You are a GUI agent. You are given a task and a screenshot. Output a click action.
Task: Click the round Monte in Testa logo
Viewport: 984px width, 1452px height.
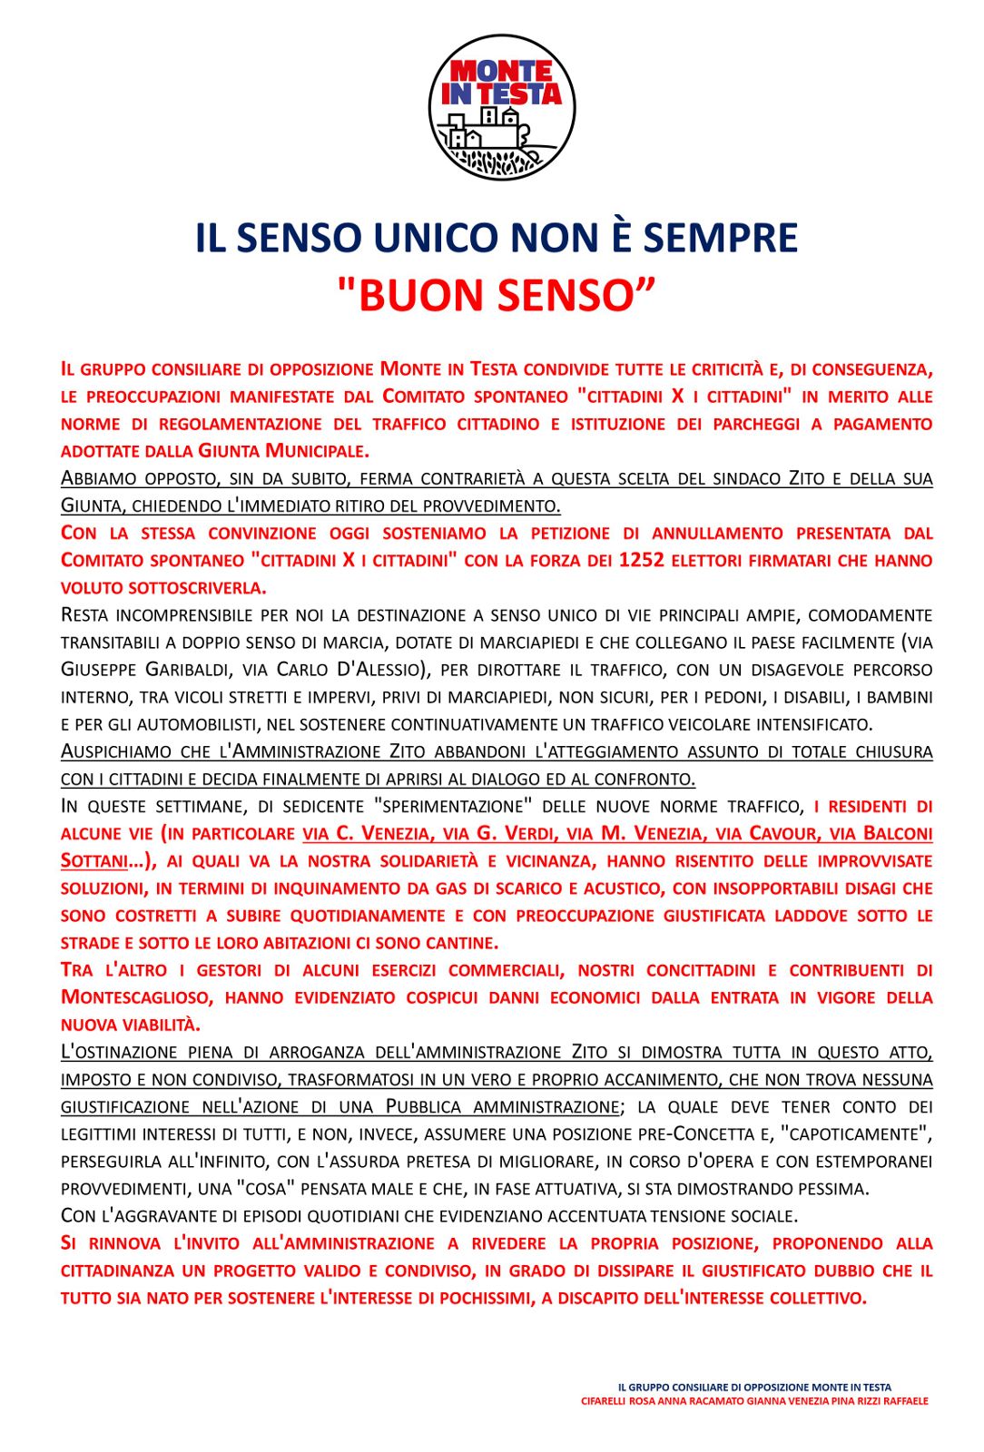click(x=502, y=107)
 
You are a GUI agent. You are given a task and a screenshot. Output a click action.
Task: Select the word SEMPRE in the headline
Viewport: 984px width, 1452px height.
click(x=721, y=238)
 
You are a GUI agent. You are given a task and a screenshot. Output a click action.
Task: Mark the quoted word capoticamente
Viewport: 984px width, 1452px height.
click(x=854, y=1134)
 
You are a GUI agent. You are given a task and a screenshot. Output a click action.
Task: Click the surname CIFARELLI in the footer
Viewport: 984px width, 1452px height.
click(x=605, y=1401)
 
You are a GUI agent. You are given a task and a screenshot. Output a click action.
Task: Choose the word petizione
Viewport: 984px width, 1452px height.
click(x=566, y=533)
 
